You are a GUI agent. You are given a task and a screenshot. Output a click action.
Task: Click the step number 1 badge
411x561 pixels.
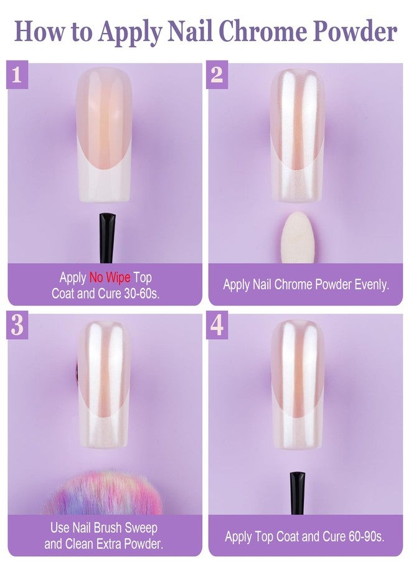pos(16,75)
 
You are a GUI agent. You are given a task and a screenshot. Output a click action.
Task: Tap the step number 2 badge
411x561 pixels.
pos(217,75)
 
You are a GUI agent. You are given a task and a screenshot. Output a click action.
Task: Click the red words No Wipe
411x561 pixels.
pos(110,277)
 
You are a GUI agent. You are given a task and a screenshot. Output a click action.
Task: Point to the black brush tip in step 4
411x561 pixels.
pos(298,492)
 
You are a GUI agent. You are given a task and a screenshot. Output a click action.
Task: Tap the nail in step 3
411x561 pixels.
pos(105,386)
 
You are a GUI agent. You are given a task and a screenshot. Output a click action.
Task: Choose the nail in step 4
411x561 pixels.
pos(298,386)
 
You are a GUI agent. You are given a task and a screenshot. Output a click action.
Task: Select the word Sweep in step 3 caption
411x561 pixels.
pos(142,528)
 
